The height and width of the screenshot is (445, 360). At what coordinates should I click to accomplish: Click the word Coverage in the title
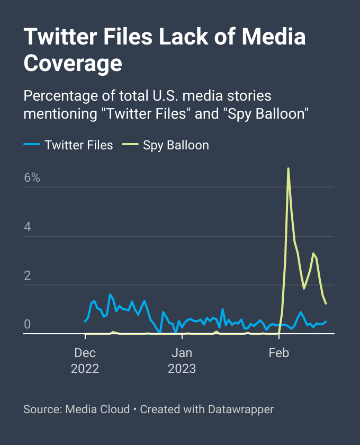73,64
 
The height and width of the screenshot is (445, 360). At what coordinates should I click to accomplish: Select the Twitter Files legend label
79,145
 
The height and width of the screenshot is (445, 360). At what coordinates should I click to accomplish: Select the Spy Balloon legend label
176,145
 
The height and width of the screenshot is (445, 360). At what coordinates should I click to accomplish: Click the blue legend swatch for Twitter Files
32,145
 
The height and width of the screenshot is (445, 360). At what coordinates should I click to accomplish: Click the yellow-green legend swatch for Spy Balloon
130,145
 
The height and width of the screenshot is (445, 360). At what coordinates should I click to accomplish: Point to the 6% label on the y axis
32,178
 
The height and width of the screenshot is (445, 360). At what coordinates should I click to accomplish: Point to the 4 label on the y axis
28,227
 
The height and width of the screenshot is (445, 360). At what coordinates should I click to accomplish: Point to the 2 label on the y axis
28,276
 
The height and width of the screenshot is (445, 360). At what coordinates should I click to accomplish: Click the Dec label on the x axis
85,353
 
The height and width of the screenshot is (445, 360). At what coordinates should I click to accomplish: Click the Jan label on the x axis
182,353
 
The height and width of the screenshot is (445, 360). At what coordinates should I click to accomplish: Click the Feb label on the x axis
278,353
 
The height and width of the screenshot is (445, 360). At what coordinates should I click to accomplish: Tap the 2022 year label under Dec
85,369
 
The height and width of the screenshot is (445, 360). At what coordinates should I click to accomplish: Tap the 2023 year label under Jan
182,369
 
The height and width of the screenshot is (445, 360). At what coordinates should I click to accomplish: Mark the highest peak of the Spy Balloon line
288,168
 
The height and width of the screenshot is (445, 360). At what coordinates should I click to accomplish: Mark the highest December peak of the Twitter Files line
110,294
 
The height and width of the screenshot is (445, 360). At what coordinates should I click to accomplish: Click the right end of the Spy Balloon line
326,304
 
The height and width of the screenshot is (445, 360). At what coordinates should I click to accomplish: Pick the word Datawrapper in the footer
241,410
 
